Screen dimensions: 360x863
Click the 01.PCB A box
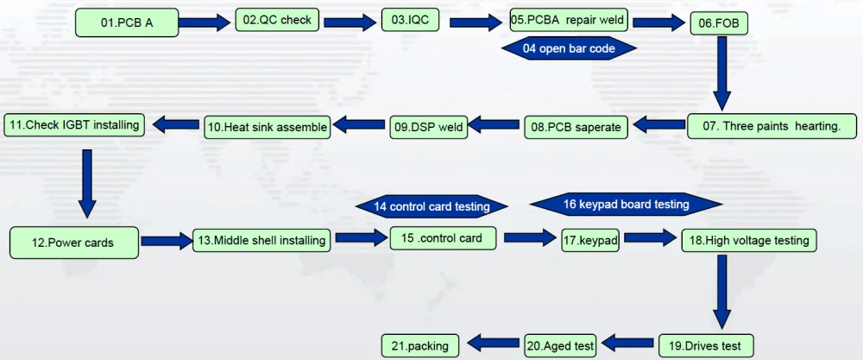[x=127, y=22]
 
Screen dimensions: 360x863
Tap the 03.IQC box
[x=410, y=20]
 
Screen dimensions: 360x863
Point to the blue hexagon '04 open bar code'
[x=569, y=48]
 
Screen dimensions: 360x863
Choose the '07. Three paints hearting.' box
[x=772, y=126]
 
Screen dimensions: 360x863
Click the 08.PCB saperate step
[x=576, y=127]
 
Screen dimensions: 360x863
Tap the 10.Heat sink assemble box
[x=267, y=127]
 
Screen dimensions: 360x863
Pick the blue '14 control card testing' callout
[x=431, y=206]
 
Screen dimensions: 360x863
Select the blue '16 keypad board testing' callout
[x=626, y=205]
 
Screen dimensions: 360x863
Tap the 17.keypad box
[x=590, y=241]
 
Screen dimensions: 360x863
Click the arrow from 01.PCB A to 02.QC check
[x=206, y=22]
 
